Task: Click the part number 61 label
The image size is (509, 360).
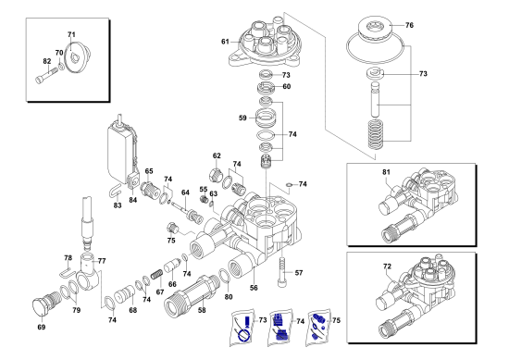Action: [x=225, y=42]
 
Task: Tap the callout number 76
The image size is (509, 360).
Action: [x=409, y=25]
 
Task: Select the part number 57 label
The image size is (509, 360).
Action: [x=299, y=273]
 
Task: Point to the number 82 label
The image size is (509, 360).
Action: [x=47, y=61]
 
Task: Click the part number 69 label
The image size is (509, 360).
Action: [x=42, y=328]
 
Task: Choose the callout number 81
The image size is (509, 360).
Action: [x=386, y=172]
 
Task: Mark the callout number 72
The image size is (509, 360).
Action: [x=387, y=267]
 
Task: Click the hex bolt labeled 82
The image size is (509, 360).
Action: [x=46, y=75]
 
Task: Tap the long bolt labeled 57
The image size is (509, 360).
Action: [x=282, y=272]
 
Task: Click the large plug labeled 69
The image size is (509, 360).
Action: [x=46, y=303]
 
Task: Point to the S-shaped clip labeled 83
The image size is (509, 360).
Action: [x=115, y=190]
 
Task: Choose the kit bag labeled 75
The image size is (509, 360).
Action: [x=317, y=327]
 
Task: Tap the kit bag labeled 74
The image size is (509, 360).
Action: [x=280, y=327]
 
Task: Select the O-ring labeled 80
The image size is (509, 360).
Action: [x=225, y=276]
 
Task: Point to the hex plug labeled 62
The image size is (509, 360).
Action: [x=215, y=175]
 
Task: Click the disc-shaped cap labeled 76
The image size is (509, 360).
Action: [x=375, y=29]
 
